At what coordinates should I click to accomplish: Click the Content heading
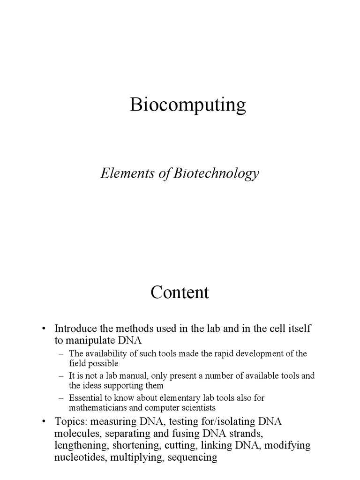tap(180, 292)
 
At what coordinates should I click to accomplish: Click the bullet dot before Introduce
tap(44, 329)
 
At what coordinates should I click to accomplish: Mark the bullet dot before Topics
tap(44, 421)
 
